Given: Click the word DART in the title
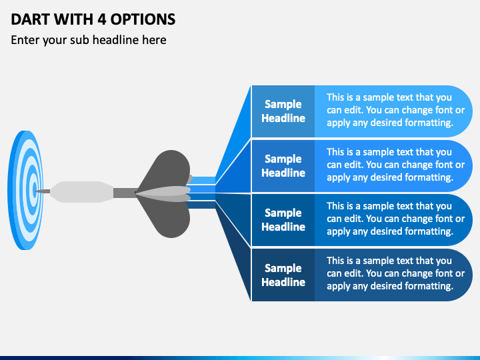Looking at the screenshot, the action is tap(31, 19).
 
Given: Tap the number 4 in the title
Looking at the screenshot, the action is tap(101, 19).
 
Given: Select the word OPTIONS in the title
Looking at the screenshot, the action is tap(143, 19).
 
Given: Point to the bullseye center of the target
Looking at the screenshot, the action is tap(35, 188).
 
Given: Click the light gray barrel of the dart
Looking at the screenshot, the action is tap(81, 192).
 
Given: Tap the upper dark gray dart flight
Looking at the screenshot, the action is tap(167, 170).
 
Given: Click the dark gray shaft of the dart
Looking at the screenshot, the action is tap(125, 193).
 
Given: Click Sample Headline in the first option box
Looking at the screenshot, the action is tap(283, 111).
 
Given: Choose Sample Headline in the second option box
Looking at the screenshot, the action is tap(283, 165).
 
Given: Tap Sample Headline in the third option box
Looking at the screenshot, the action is tap(283, 220).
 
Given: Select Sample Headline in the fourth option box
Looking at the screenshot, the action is tap(283, 275).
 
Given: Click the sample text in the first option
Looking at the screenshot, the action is tap(395, 110).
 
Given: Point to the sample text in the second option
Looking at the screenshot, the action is tap(395, 165).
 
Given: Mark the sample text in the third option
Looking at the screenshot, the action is tap(395, 219).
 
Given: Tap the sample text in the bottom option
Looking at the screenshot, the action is tap(395, 273).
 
